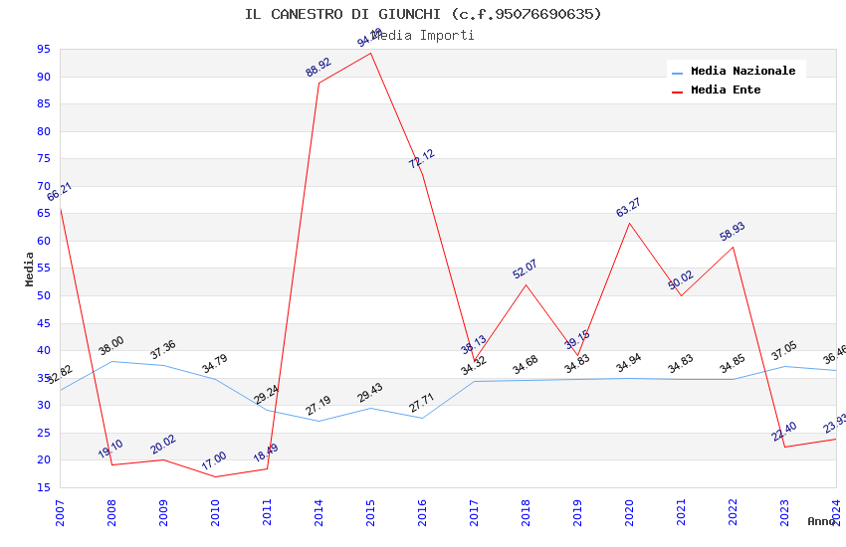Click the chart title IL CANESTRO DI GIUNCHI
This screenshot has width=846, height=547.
point(423,14)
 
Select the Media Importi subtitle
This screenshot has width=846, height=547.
point(423,35)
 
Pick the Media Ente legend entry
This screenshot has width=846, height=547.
point(726,90)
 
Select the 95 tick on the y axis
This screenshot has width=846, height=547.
point(43,49)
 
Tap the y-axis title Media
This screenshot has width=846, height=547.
point(29,269)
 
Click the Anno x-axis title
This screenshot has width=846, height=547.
point(821,521)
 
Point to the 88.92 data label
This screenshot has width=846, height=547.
point(318,68)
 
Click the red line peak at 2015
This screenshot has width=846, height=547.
point(371,53)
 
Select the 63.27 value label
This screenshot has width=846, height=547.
point(628,208)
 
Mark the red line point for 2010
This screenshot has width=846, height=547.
point(216,476)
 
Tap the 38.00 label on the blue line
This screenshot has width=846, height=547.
point(110,346)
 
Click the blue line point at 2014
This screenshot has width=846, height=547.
point(319,421)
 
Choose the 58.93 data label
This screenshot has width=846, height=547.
point(732,232)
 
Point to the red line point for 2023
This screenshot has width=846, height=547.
point(785,447)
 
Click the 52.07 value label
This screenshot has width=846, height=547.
point(525,269)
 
